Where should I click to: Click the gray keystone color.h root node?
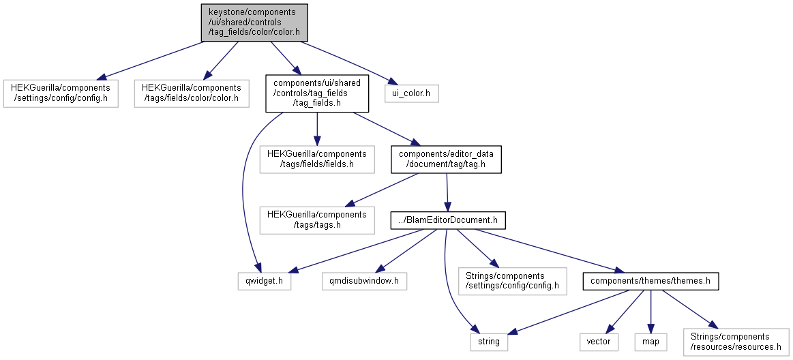(254, 22)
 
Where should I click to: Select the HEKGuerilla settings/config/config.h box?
(61, 93)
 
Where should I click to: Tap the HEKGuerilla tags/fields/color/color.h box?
(192, 93)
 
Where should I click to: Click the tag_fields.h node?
(317, 93)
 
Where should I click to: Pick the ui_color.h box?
(412, 93)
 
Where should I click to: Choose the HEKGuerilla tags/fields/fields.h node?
(317, 160)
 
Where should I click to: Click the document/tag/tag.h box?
(446, 160)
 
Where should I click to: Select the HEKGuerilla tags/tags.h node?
(317, 220)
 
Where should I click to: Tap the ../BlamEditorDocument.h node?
(448, 220)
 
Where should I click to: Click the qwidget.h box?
(265, 281)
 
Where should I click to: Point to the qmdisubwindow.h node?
(364, 281)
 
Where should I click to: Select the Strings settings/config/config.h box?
(512, 281)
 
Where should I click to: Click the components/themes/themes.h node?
(650, 281)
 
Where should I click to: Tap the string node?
(488, 342)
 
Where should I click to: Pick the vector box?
(599, 342)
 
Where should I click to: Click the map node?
(650, 342)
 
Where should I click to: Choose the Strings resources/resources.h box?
(736, 342)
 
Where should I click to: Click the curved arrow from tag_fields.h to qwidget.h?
(243, 187)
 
